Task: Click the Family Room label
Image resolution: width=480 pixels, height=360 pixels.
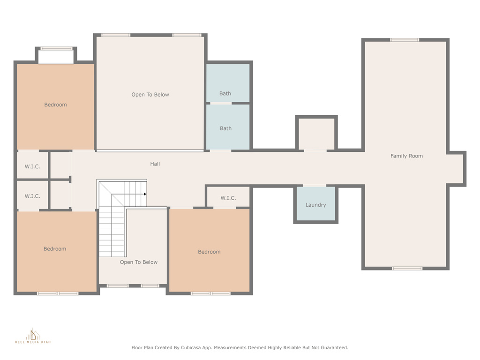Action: pos(406,156)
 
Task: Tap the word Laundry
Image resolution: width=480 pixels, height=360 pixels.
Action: pos(315,205)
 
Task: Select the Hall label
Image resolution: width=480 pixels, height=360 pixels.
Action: pos(155,164)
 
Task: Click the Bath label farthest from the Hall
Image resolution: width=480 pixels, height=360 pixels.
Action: pos(225,93)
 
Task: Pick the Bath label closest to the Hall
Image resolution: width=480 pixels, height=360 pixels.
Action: pos(225,128)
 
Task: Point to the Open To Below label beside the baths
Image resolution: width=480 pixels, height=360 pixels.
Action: pos(150,95)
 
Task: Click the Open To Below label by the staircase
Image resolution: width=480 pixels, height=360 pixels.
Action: pos(139,262)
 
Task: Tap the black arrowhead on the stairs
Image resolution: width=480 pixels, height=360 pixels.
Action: pos(145,194)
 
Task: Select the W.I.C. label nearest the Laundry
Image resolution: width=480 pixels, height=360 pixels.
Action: pos(228,198)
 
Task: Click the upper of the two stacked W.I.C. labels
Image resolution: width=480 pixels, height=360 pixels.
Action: pos(32,166)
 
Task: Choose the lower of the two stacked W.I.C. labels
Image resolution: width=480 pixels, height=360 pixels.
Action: pos(32,196)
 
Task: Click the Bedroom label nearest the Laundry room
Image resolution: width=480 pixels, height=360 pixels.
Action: pos(209,252)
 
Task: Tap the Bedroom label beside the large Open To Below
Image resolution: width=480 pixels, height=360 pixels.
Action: pos(55,105)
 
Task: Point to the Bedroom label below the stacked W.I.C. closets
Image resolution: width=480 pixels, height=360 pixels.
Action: pos(55,249)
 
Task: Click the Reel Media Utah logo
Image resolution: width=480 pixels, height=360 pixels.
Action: pos(33,336)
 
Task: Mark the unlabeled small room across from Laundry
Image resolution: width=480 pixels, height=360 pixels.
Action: pos(316,134)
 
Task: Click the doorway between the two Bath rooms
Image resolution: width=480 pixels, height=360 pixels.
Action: pos(221,104)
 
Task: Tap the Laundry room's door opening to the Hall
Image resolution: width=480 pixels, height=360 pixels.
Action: pos(315,186)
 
